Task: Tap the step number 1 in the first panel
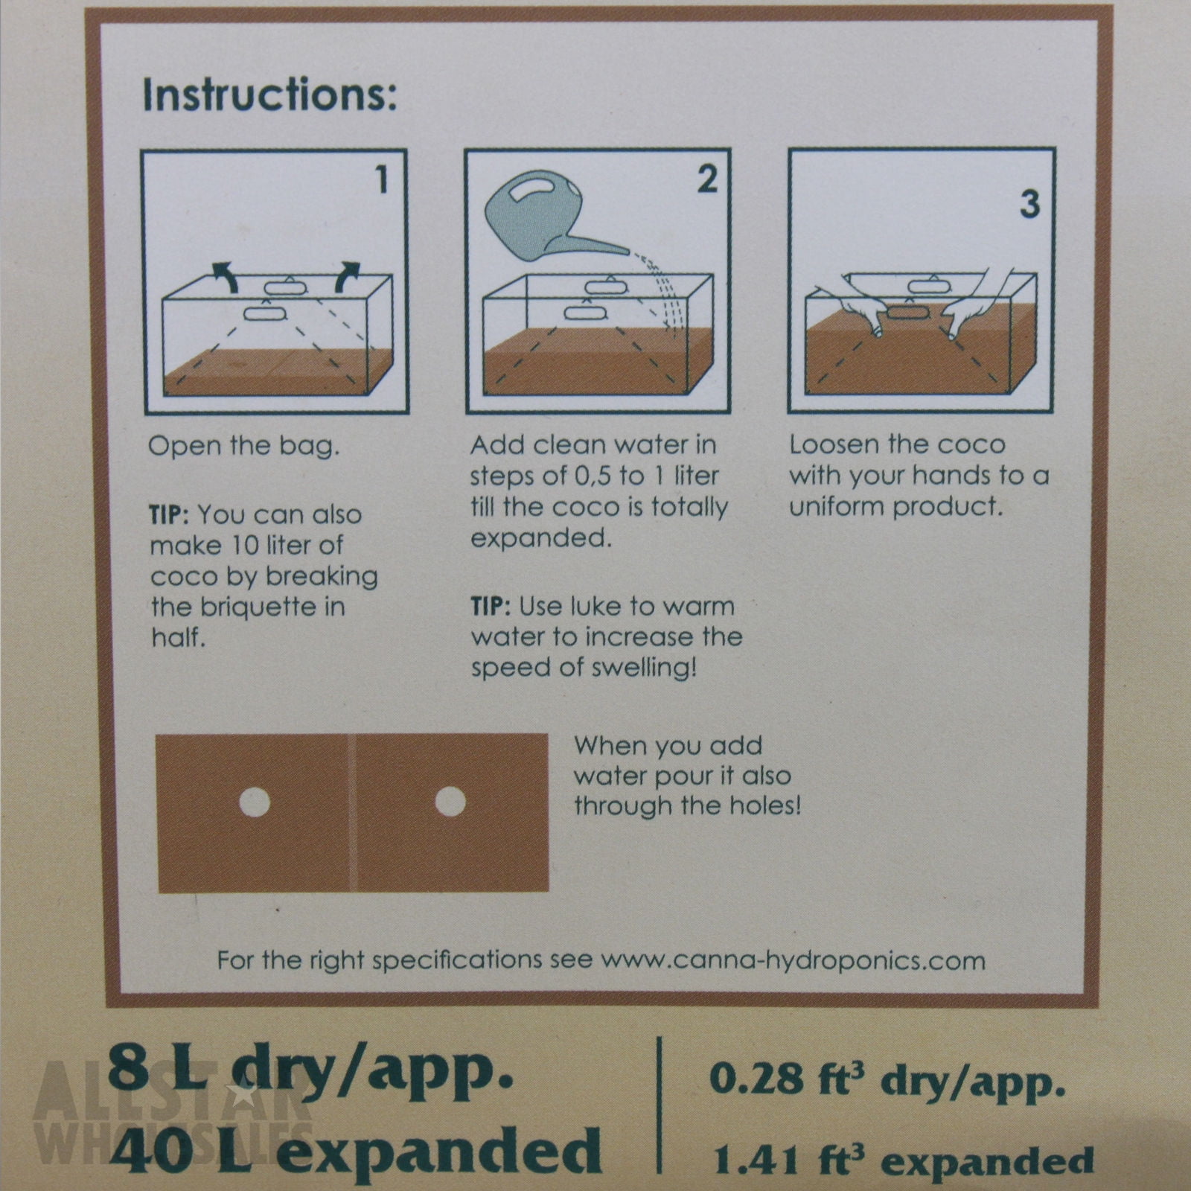pyautogui.click(x=381, y=179)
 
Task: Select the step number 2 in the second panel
pyautogui.click(x=706, y=179)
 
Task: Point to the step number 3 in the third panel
pyautogui.click(x=1029, y=203)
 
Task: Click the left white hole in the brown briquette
pyautogui.click(x=254, y=802)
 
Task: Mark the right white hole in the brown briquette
pyautogui.click(x=450, y=802)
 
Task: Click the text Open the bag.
pyautogui.click(x=244, y=447)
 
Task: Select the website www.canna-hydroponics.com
pyautogui.click(x=793, y=960)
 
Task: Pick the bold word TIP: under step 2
pyautogui.click(x=491, y=606)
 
